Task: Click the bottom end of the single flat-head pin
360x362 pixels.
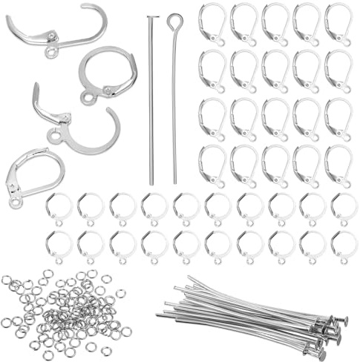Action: coord(151,183)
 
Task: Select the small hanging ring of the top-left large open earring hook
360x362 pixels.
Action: coord(51,53)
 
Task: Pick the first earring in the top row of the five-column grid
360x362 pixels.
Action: coord(212,24)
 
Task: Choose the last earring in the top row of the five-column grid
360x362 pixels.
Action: coord(338,24)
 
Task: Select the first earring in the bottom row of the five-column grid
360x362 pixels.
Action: coord(212,165)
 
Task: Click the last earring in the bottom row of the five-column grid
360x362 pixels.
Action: coord(338,165)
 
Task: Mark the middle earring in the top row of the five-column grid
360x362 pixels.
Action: coord(275,24)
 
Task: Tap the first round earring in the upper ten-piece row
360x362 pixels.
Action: coord(58,208)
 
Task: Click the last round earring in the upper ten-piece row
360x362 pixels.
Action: coord(344,208)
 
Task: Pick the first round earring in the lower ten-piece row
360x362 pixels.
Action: coord(58,245)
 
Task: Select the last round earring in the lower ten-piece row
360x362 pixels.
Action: coord(344,245)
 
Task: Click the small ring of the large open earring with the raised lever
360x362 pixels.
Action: coord(54,136)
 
